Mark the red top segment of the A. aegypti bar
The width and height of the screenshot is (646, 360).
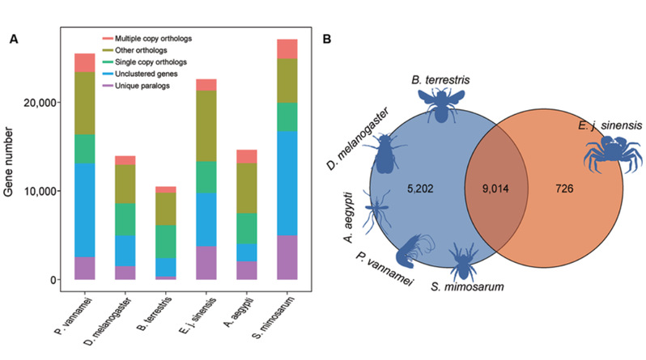(247, 156)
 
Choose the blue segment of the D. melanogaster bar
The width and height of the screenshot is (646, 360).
(125, 251)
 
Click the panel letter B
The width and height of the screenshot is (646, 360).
(325, 38)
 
